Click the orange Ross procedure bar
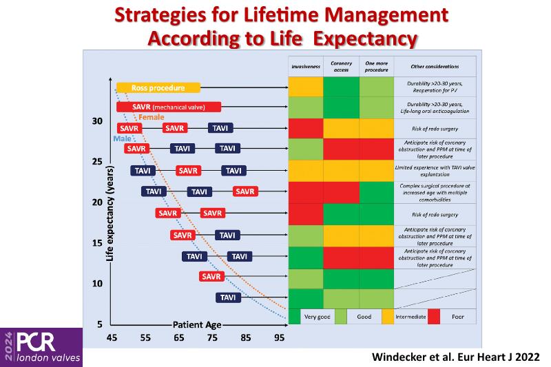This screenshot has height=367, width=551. click(x=158, y=87)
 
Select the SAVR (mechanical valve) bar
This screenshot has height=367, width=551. click(x=169, y=107)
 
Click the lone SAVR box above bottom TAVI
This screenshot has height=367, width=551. click(x=211, y=277)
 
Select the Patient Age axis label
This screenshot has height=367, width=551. click(x=197, y=324)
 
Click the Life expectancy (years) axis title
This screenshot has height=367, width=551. click(x=110, y=213)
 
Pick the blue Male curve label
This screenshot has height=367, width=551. click(x=121, y=139)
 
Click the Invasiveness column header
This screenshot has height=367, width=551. click(x=305, y=67)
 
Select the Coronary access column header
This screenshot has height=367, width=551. click(x=341, y=67)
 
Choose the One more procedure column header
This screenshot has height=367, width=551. click(x=377, y=67)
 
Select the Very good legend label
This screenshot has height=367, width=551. click(x=316, y=317)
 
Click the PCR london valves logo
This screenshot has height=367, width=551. click(x=41, y=347)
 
